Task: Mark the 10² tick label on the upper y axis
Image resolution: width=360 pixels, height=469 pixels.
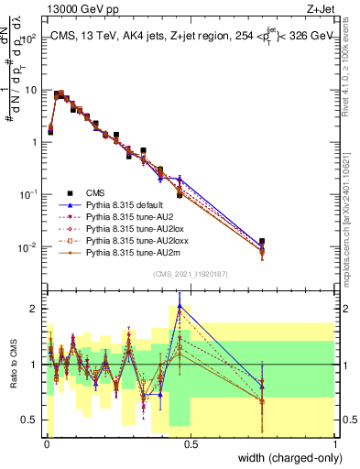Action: (29, 38)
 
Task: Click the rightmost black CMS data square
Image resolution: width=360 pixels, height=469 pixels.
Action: (262, 242)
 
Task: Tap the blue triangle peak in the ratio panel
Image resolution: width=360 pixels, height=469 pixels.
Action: (180, 306)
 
